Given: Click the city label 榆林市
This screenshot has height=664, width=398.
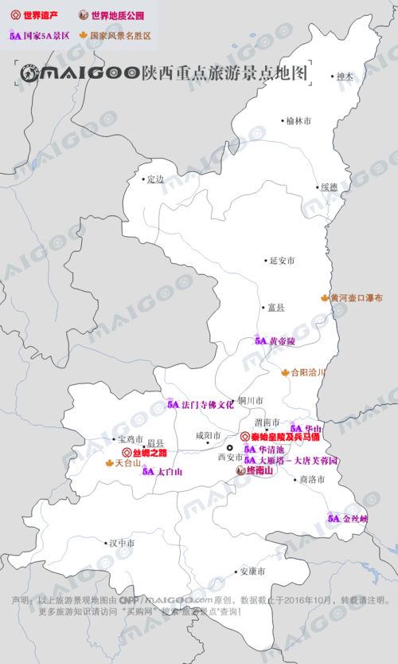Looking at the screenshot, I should (x=299, y=120).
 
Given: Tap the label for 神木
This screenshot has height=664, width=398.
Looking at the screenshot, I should (x=344, y=77).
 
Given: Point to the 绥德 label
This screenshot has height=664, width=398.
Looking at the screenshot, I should (x=329, y=187).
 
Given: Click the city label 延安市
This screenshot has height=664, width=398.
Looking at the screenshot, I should (x=283, y=261).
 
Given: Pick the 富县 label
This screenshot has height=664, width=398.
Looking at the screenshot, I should (x=276, y=307).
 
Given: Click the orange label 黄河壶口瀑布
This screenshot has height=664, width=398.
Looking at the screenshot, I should (x=357, y=298).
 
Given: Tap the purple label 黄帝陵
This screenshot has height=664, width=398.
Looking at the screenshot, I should (x=282, y=340).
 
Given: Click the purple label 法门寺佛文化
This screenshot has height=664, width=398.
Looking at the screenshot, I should (x=208, y=404).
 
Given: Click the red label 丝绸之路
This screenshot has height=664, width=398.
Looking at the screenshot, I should (x=150, y=452).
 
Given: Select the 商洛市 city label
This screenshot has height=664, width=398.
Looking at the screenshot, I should (x=311, y=480).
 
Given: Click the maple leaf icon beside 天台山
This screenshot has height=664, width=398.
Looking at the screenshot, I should (x=110, y=462).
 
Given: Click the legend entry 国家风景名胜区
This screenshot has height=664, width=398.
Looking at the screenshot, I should (x=120, y=36).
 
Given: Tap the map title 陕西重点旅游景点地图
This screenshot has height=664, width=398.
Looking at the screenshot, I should (x=224, y=73).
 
